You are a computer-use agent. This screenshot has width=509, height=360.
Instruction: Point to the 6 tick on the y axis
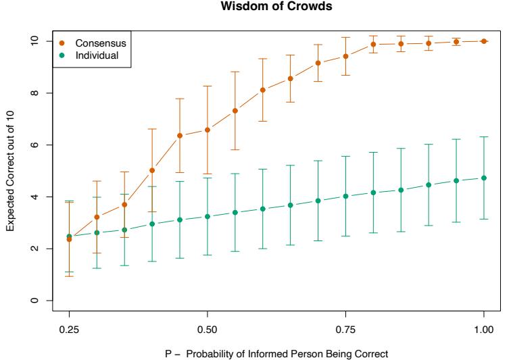32,145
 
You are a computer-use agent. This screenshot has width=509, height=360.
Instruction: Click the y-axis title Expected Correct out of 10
11,170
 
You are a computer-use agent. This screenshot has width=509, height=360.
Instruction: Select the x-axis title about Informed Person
276,351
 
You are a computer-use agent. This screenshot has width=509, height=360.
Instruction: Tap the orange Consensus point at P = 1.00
483,41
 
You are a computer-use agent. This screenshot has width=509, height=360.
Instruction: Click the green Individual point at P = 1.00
483,178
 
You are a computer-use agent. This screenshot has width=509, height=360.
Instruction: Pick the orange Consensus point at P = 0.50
207,130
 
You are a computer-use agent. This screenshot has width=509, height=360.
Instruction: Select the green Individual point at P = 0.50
207,216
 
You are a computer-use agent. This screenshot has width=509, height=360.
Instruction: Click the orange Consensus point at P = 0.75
345,56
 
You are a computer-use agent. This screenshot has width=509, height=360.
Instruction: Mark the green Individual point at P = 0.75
345,196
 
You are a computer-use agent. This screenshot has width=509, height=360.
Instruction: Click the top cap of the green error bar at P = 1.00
483,136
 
